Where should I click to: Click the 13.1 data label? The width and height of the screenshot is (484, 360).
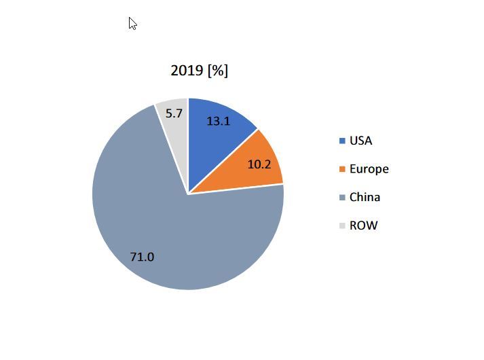[x=218, y=121]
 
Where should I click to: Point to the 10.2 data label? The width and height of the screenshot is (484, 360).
[x=259, y=164]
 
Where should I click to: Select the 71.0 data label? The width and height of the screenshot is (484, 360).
[x=142, y=257]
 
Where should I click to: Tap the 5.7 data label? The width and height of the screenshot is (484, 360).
[x=174, y=113]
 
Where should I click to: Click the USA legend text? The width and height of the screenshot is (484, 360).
[x=360, y=141]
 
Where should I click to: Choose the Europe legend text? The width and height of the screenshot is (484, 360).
[x=369, y=169]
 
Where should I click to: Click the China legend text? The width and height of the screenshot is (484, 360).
[x=365, y=197]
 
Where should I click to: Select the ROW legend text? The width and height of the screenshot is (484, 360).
[x=363, y=226]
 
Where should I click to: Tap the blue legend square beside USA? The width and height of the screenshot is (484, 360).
[x=342, y=141]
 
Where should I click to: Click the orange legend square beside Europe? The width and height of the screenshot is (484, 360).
[x=342, y=169]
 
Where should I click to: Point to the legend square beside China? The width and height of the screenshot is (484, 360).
[x=342, y=198]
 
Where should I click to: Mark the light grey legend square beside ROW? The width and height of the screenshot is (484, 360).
[x=342, y=226]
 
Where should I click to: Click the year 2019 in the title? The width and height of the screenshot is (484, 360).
[x=187, y=71]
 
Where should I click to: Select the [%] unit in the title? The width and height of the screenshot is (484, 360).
[x=218, y=71]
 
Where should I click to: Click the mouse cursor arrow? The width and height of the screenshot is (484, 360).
[x=132, y=24]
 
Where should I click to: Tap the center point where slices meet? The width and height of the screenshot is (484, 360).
[x=188, y=194]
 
